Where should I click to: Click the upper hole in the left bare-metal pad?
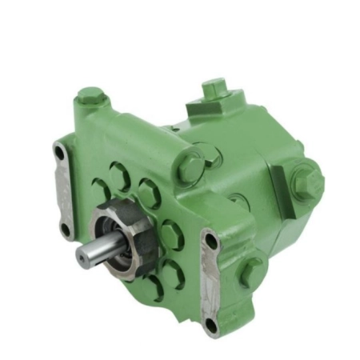coord(59,150)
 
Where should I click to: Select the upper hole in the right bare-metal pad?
coord(210,241)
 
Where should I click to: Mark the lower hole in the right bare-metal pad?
coord(210,323)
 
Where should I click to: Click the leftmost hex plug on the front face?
coord(99,190)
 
